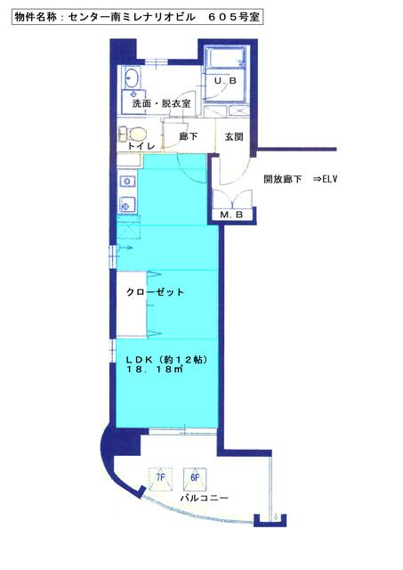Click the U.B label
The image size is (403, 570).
click(x=225, y=81)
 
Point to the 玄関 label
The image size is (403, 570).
click(x=234, y=137)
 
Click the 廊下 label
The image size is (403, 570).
click(x=189, y=136)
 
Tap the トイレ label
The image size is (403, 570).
click(x=141, y=146)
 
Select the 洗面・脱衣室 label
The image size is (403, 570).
click(x=161, y=103)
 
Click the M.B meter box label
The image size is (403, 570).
click(x=231, y=215)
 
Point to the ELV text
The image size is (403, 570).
click(x=330, y=179)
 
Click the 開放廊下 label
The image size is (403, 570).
click(x=283, y=179)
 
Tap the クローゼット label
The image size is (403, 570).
click(x=155, y=292)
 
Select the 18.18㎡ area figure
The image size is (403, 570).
click(x=154, y=370)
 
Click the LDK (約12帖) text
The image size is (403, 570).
click(x=167, y=360)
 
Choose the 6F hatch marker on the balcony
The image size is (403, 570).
click(x=195, y=477)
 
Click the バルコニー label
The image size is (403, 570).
click(x=205, y=498)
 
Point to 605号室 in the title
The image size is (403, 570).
click(x=234, y=17)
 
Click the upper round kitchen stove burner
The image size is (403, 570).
click(x=127, y=181)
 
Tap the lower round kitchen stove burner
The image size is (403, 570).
click(x=126, y=207)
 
